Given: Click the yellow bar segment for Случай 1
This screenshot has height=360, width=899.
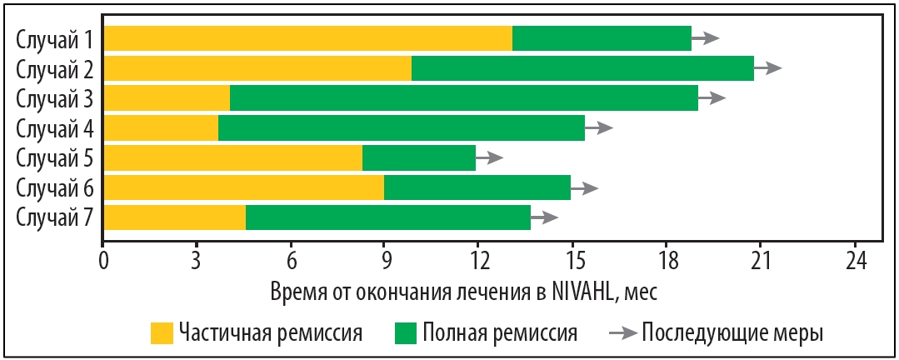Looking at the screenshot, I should click(x=307, y=38).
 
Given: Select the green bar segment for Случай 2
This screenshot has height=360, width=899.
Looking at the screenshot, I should click(x=582, y=68).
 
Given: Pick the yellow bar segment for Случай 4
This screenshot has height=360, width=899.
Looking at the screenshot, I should click(x=161, y=127).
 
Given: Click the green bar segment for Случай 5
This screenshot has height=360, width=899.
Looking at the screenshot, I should click(x=418, y=157).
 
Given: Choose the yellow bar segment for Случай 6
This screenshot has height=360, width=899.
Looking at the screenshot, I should click(x=243, y=187).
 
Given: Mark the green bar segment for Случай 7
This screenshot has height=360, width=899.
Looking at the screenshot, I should click(x=387, y=217).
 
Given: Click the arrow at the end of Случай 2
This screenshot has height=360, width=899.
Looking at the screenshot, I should click(x=769, y=68).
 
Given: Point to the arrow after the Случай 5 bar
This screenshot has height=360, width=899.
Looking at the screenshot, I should click(x=490, y=157).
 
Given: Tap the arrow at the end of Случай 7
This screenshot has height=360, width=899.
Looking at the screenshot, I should click(x=545, y=217).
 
